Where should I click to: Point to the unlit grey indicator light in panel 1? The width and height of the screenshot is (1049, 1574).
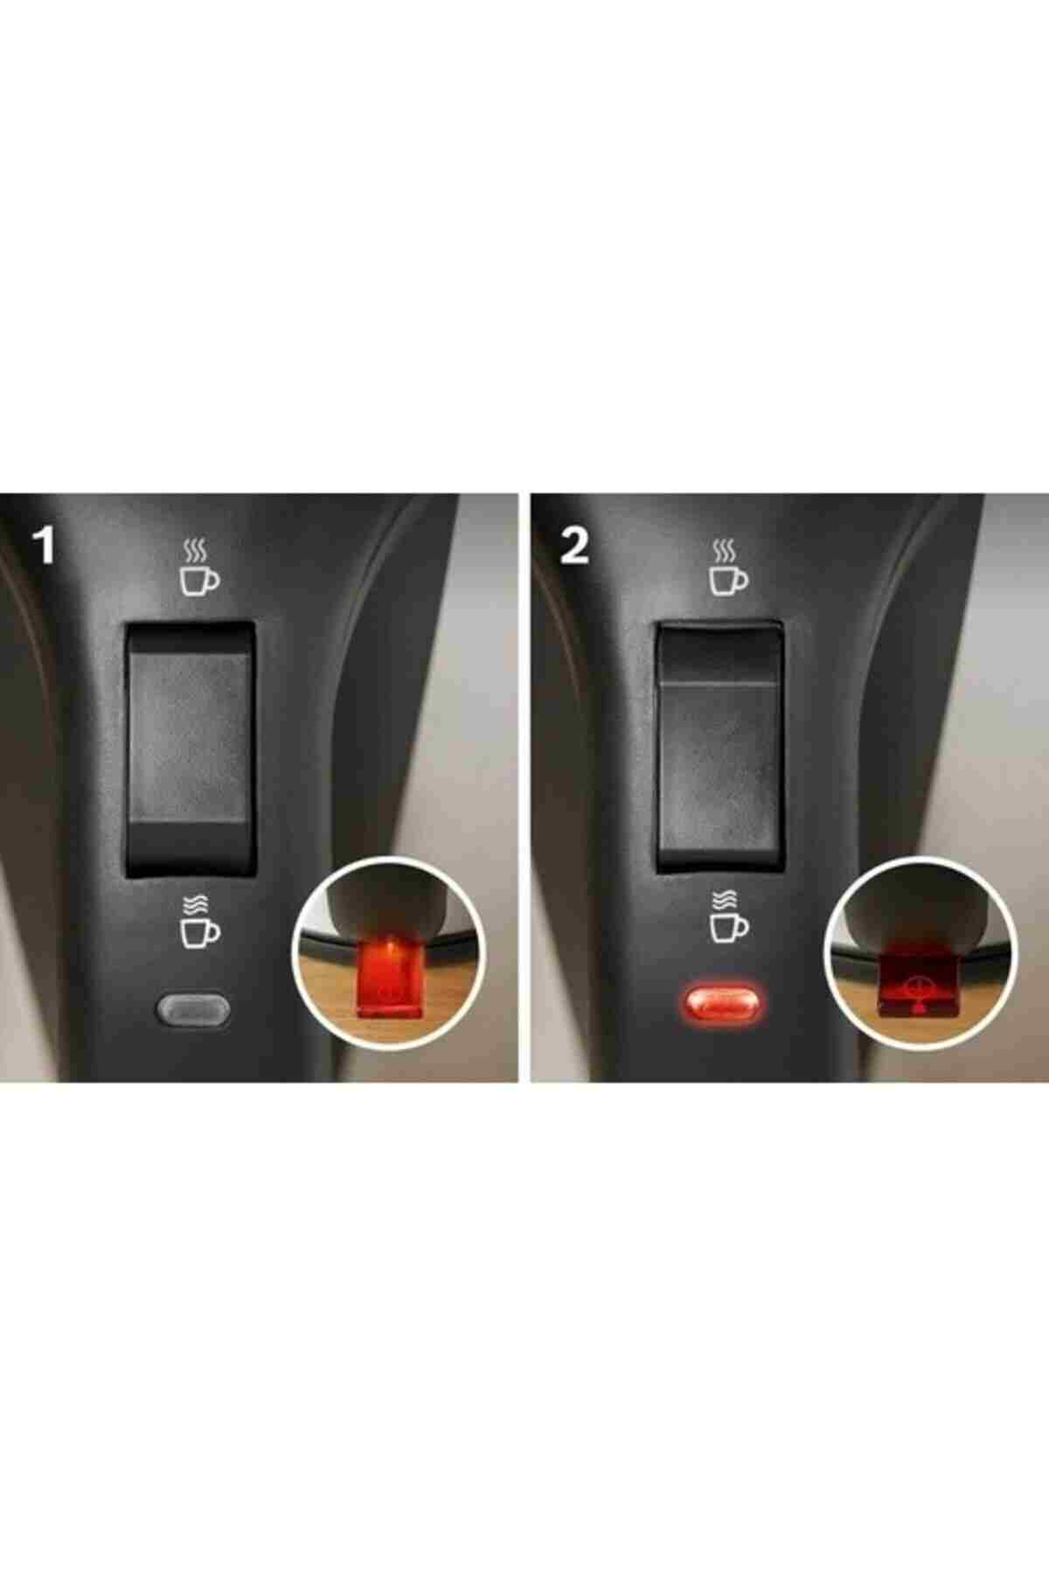click(193, 1007)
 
